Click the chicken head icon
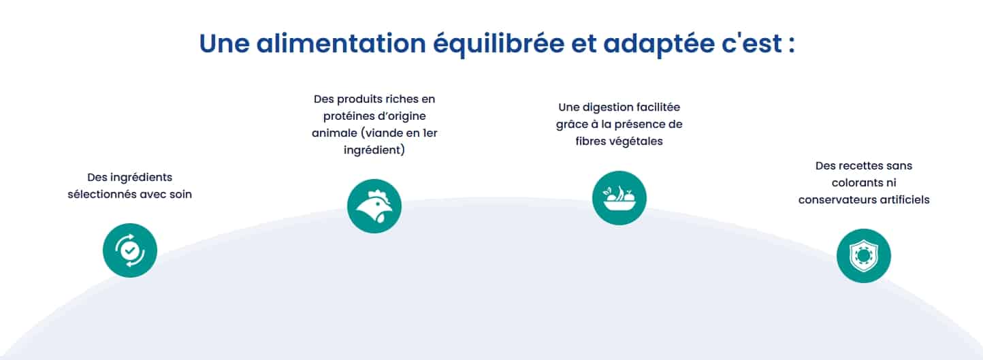374,206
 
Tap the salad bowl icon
619,197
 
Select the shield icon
863,255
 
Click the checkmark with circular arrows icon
130,250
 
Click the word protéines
352,116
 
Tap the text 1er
428,133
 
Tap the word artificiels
903,200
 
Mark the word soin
180,195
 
